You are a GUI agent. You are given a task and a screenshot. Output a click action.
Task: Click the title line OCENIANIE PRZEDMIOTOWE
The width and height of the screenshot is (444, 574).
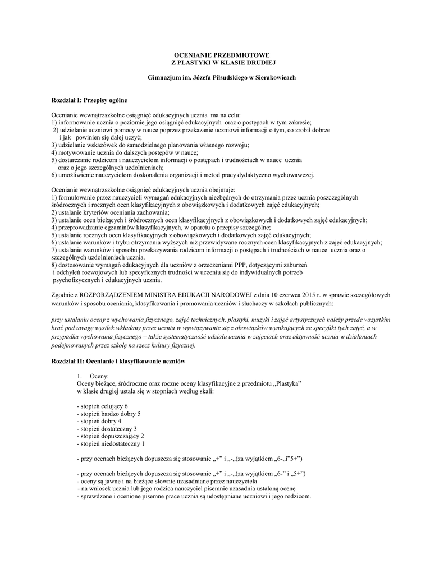(222, 54)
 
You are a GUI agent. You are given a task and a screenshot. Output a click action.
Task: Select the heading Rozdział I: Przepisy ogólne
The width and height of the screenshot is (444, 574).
(89, 100)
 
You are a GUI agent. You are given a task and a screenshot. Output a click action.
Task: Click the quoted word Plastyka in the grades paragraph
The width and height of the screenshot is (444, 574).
(287, 382)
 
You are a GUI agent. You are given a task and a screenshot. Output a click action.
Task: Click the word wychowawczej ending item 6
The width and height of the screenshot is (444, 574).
(294, 174)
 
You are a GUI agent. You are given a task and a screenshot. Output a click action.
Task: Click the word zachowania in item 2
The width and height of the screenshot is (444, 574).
(155, 213)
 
